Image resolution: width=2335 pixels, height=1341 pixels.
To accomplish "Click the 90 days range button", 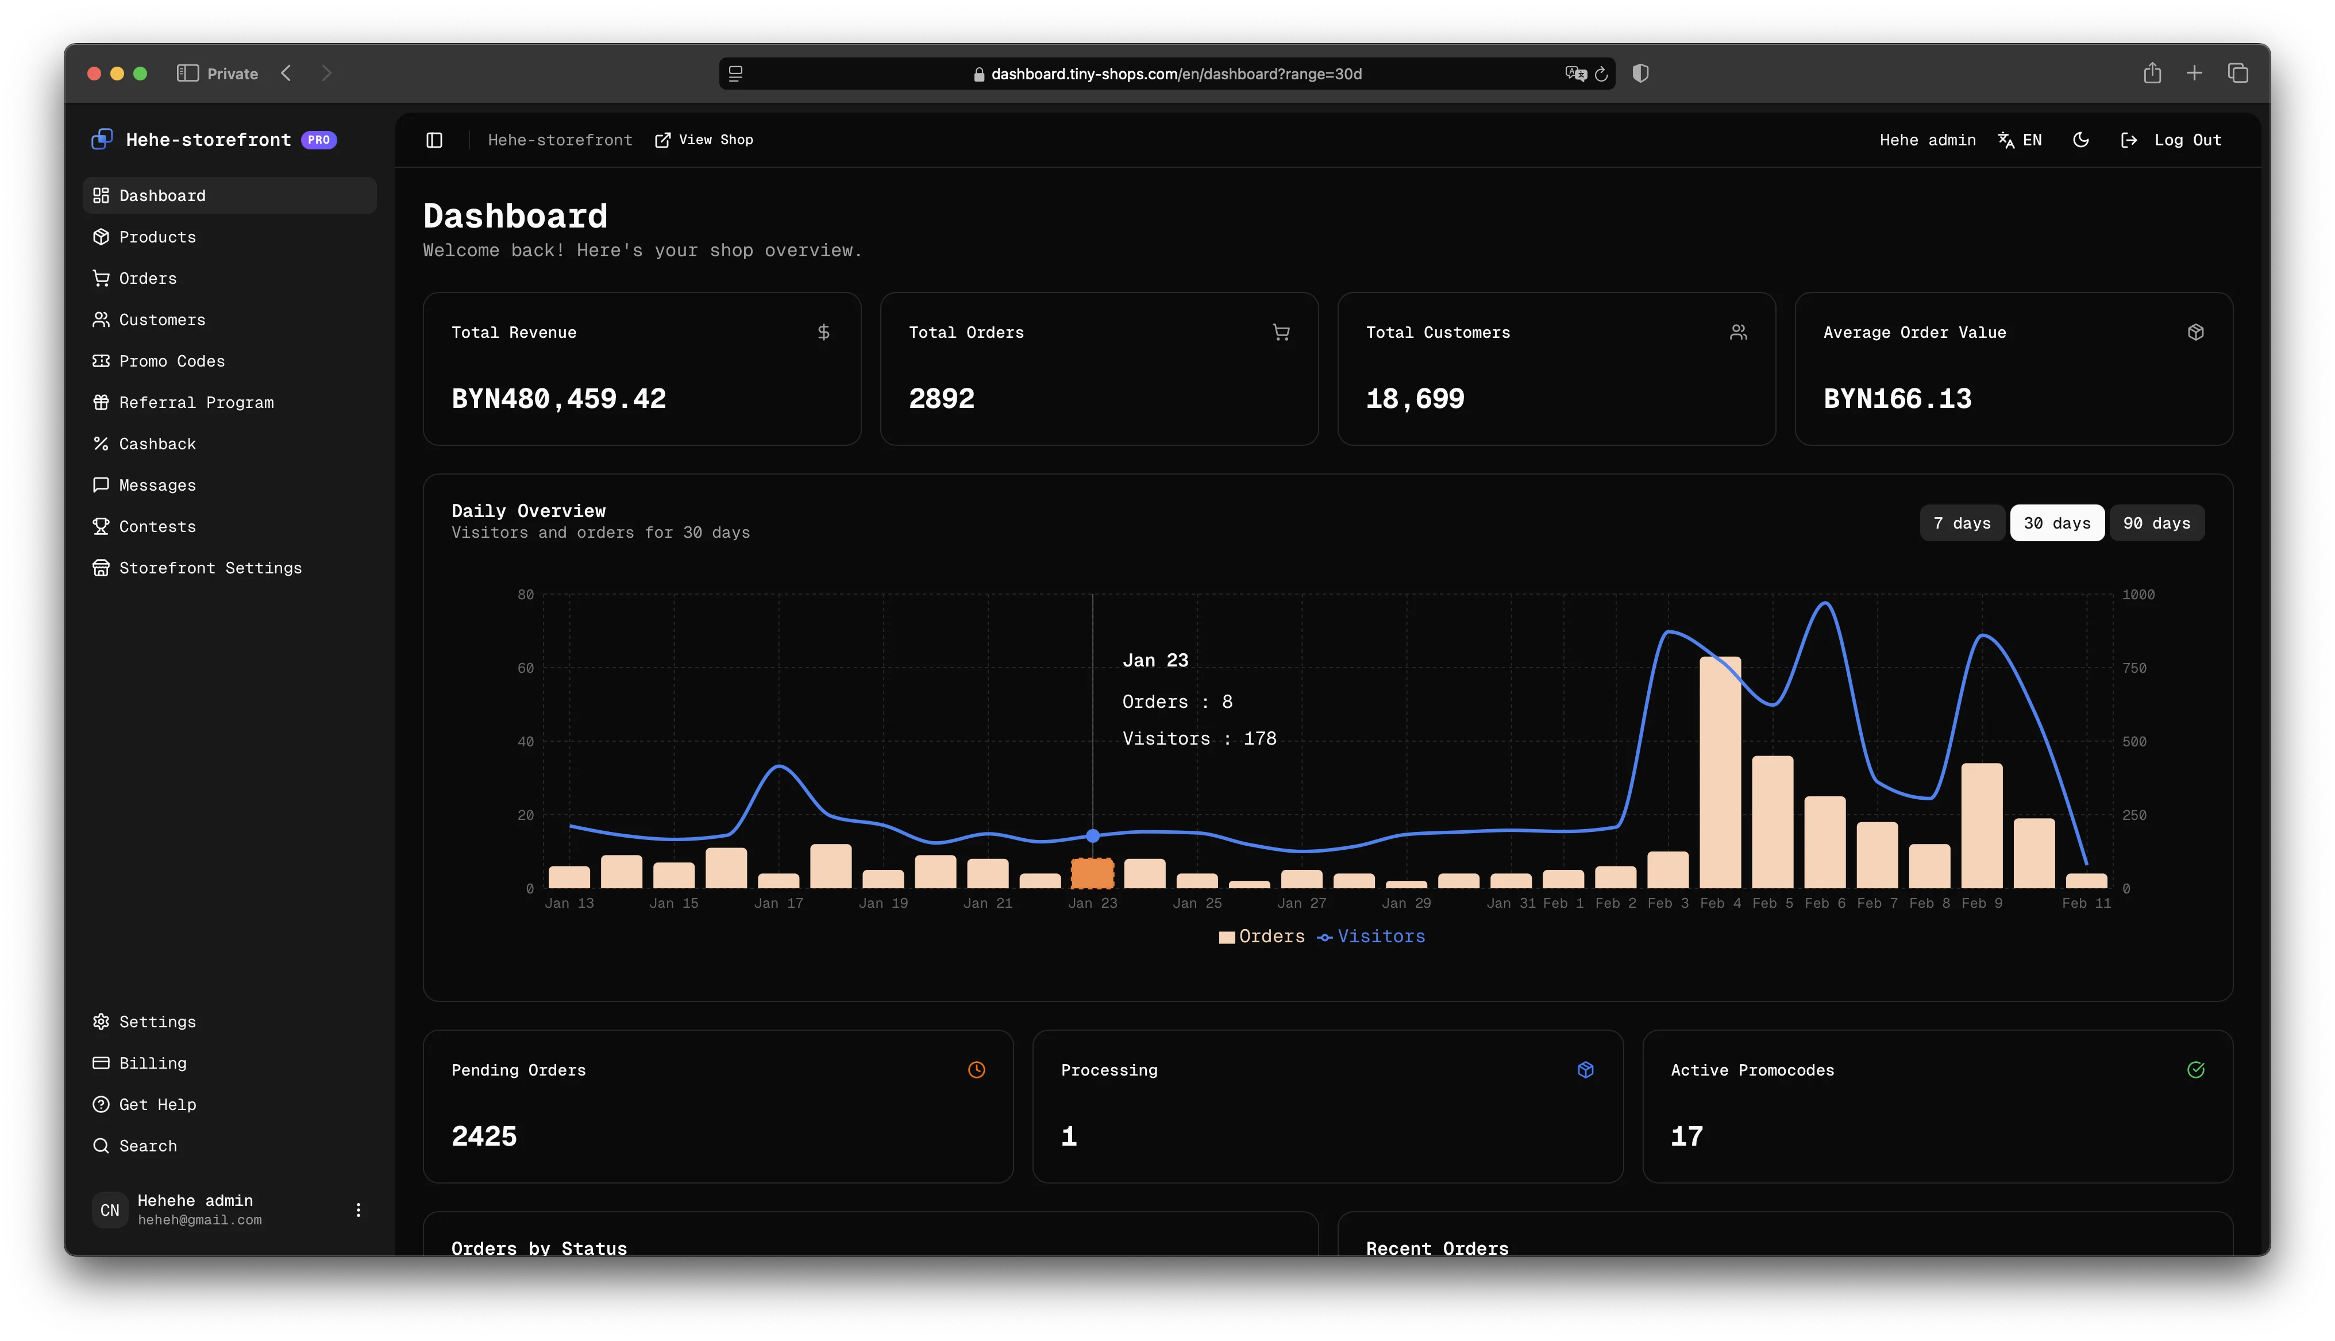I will pos(2156,523).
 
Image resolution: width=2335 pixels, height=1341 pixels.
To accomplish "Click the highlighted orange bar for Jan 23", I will pos(1092,873).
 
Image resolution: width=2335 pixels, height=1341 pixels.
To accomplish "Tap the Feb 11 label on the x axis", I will pos(2086,904).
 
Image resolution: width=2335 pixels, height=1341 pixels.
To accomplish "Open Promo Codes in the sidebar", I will pos(171,361).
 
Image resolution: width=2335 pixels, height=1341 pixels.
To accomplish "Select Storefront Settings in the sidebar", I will pos(209,568).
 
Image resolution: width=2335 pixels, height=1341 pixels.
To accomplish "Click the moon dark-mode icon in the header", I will pos(2080,140).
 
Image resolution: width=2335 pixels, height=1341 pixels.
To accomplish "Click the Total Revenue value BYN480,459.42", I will pos(558,399).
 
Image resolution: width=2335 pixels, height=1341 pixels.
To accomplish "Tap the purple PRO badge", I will pos(318,140).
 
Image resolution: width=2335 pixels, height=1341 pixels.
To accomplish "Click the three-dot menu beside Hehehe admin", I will pos(358,1210).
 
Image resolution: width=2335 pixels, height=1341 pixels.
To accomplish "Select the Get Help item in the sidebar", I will pos(156,1104).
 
